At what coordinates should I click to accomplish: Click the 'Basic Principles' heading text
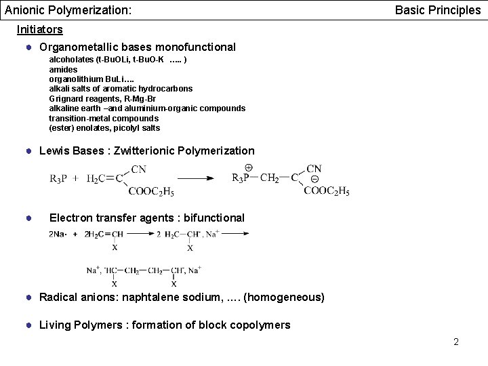[x=437, y=11]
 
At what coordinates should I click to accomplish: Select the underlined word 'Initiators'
[x=40, y=29]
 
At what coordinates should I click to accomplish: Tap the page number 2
[x=456, y=342]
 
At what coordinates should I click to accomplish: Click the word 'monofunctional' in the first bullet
[x=195, y=47]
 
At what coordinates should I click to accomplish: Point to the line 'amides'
[x=63, y=69]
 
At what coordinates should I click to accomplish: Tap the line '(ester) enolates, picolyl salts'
[x=104, y=128]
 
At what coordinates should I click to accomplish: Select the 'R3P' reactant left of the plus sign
[x=59, y=179]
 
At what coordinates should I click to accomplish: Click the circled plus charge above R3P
[x=248, y=167]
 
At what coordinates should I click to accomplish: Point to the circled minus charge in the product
[x=314, y=179]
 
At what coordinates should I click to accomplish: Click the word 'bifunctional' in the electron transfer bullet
[x=211, y=218]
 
